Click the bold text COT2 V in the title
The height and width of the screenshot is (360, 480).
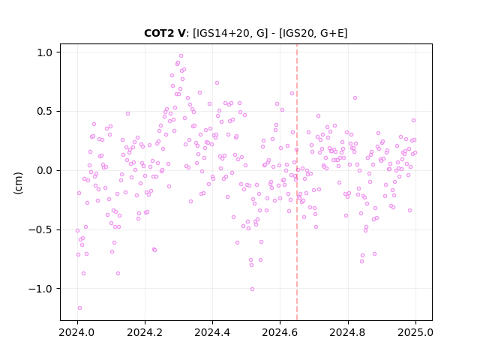(x=165, y=33)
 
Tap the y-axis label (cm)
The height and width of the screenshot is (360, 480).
(x=18, y=183)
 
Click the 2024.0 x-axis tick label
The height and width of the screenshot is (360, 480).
(x=77, y=332)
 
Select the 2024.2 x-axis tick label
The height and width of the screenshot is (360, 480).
(x=145, y=332)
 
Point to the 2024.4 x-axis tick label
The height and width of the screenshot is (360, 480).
(x=212, y=332)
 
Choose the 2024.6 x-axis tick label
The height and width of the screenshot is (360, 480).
(x=280, y=332)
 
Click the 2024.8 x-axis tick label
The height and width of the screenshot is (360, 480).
(x=347, y=332)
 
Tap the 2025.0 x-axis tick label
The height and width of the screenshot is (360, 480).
(x=415, y=332)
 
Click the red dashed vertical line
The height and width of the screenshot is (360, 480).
(x=297, y=182)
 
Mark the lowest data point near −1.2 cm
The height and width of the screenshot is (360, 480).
(x=79, y=308)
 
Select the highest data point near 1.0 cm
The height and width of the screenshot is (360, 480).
(x=181, y=56)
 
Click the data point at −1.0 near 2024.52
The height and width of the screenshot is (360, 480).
(x=252, y=289)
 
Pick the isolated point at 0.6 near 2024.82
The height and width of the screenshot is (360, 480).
(x=355, y=98)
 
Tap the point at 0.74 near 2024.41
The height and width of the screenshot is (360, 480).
(x=217, y=83)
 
